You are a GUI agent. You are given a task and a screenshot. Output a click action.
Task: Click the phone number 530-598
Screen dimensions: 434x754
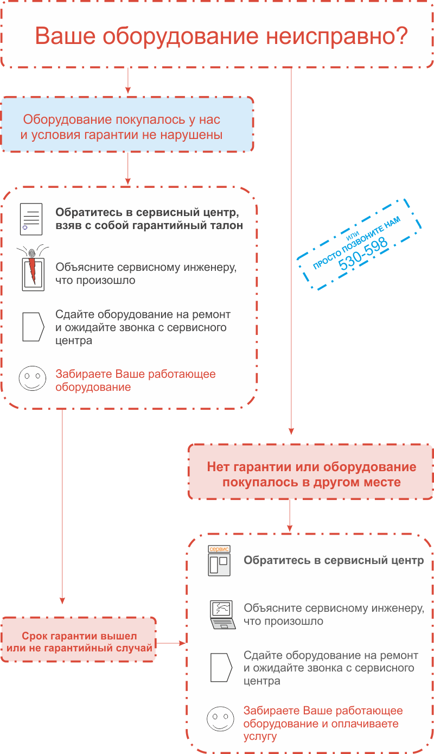[x=363, y=254]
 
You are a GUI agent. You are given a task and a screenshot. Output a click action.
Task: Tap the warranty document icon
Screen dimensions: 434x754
[x=31, y=219]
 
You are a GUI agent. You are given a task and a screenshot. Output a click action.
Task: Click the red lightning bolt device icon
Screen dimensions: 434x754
[x=33, y=268]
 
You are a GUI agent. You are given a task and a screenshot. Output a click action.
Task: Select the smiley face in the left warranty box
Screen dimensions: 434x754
[x=33, y=378]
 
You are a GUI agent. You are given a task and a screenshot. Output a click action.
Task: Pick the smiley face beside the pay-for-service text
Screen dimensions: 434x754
[x=220, y=719]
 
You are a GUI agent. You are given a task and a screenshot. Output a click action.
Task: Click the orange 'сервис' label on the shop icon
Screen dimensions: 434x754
[x=219, y=549]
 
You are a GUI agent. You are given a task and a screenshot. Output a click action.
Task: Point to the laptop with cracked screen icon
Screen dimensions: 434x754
[x=222, y=614]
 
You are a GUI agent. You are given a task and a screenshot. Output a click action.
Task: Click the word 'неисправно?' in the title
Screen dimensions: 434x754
[x=337, y=36]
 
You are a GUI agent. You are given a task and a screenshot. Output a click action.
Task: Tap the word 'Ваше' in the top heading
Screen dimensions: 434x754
[x=66, y=36]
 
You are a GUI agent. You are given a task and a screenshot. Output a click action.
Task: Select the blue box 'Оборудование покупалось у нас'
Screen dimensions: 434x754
[x=127, y=124]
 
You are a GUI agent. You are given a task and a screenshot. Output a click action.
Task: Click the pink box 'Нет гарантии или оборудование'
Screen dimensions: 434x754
[x=310, y=472]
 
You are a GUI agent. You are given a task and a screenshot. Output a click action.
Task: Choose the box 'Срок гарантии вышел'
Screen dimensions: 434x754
[x=79, y=639]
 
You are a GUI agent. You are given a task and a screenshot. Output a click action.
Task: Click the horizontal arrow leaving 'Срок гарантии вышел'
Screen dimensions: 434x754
[x=171, y=643]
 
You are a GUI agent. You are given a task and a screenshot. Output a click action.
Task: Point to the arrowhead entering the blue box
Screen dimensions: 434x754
[x=128, y=91]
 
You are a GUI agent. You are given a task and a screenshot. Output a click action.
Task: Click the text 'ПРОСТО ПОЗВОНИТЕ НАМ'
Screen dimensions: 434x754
[x=356, y=242]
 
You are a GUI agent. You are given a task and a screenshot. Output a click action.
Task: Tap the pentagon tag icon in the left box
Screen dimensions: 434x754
[x=33, y=327]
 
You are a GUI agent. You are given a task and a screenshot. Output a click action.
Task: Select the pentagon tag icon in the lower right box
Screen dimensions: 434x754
[x=221, y=668]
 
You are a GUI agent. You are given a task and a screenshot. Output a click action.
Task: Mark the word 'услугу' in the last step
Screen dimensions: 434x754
[x=260, y=737]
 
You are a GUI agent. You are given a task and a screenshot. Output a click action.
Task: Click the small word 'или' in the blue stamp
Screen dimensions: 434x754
[x=352, y=236]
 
